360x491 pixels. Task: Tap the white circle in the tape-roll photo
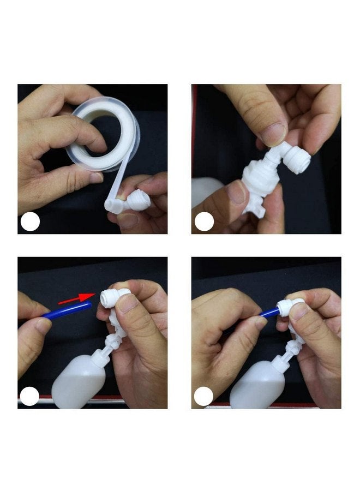click(30, 222)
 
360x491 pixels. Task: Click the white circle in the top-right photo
click(204, 222)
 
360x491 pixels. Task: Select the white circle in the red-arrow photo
click(30, 396)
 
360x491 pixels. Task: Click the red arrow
click(76, 298)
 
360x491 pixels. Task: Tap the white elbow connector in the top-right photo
click(292, 159)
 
